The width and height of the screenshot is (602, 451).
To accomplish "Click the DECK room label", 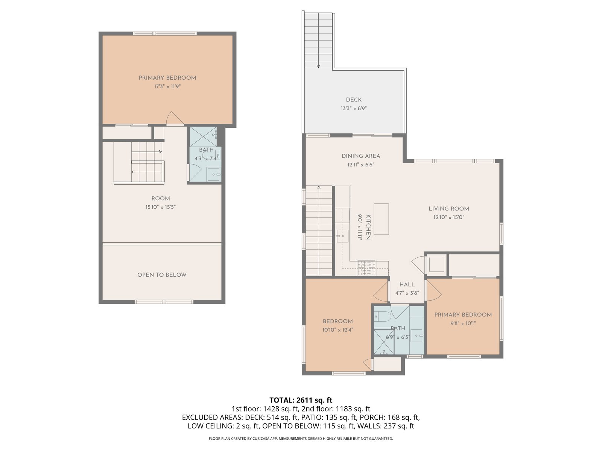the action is pos(354,100).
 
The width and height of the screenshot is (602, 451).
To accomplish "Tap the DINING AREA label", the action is pos(361,156).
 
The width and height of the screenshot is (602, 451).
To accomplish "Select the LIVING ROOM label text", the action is pos(449,209).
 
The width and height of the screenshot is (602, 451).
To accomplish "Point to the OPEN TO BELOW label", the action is pos(162,275).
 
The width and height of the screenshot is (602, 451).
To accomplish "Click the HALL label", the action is pos(407,285).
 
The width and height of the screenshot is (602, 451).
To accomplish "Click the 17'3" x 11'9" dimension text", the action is pos(167,86).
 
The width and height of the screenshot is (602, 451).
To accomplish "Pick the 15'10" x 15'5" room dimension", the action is pos(160,207).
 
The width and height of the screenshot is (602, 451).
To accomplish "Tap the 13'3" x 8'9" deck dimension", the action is pos(354,109).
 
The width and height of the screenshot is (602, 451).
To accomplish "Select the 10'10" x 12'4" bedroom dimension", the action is pos(337,330).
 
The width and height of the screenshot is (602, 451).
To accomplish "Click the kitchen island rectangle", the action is pos(381,219).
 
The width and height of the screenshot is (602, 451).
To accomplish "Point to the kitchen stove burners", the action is pos(366,268).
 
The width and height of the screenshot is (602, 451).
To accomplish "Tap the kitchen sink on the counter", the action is pos(342,236).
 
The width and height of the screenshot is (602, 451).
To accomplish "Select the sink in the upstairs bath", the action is pos(214,174).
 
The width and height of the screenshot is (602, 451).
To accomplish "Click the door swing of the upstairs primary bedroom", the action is pos(175,118).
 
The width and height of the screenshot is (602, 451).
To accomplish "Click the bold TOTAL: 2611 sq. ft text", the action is pos(301,400).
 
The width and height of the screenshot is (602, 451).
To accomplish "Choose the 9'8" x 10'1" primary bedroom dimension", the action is pos(463,323).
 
